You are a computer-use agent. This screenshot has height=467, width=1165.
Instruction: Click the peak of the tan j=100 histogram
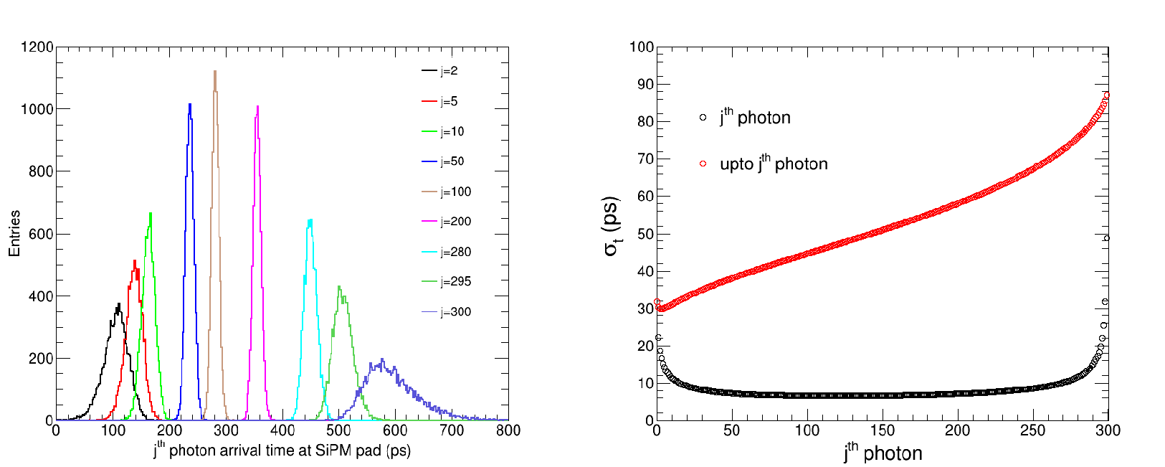point(214,71)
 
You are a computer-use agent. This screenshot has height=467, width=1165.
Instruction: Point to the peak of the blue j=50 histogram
point(190,105)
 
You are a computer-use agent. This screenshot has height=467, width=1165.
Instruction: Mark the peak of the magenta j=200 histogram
point(257,107)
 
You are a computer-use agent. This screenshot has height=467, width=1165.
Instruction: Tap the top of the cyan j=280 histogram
point(310,220)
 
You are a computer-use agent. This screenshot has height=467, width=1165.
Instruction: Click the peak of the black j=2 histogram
point(118,304)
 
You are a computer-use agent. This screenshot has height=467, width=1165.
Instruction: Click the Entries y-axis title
point(14,233)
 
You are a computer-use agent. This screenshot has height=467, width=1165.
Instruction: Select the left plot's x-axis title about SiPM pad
point(282,451)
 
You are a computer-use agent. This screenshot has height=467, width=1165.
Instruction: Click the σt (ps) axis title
point(611,226)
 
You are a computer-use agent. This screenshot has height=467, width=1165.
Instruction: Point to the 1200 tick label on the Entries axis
point(37,47)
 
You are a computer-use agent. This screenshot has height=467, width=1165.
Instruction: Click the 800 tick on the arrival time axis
point(508,430)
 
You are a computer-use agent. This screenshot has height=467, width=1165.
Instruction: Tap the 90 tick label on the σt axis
point(641,85)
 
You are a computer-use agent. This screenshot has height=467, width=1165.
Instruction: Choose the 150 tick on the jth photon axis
point(882,430)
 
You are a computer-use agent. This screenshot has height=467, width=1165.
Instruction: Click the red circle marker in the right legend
point(703,164)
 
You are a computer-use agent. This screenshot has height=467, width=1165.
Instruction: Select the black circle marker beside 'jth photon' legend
point(703,117)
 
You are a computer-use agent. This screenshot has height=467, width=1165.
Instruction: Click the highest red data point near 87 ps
point(1107,95)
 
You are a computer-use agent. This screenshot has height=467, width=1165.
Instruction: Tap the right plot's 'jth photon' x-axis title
point(883,453)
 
